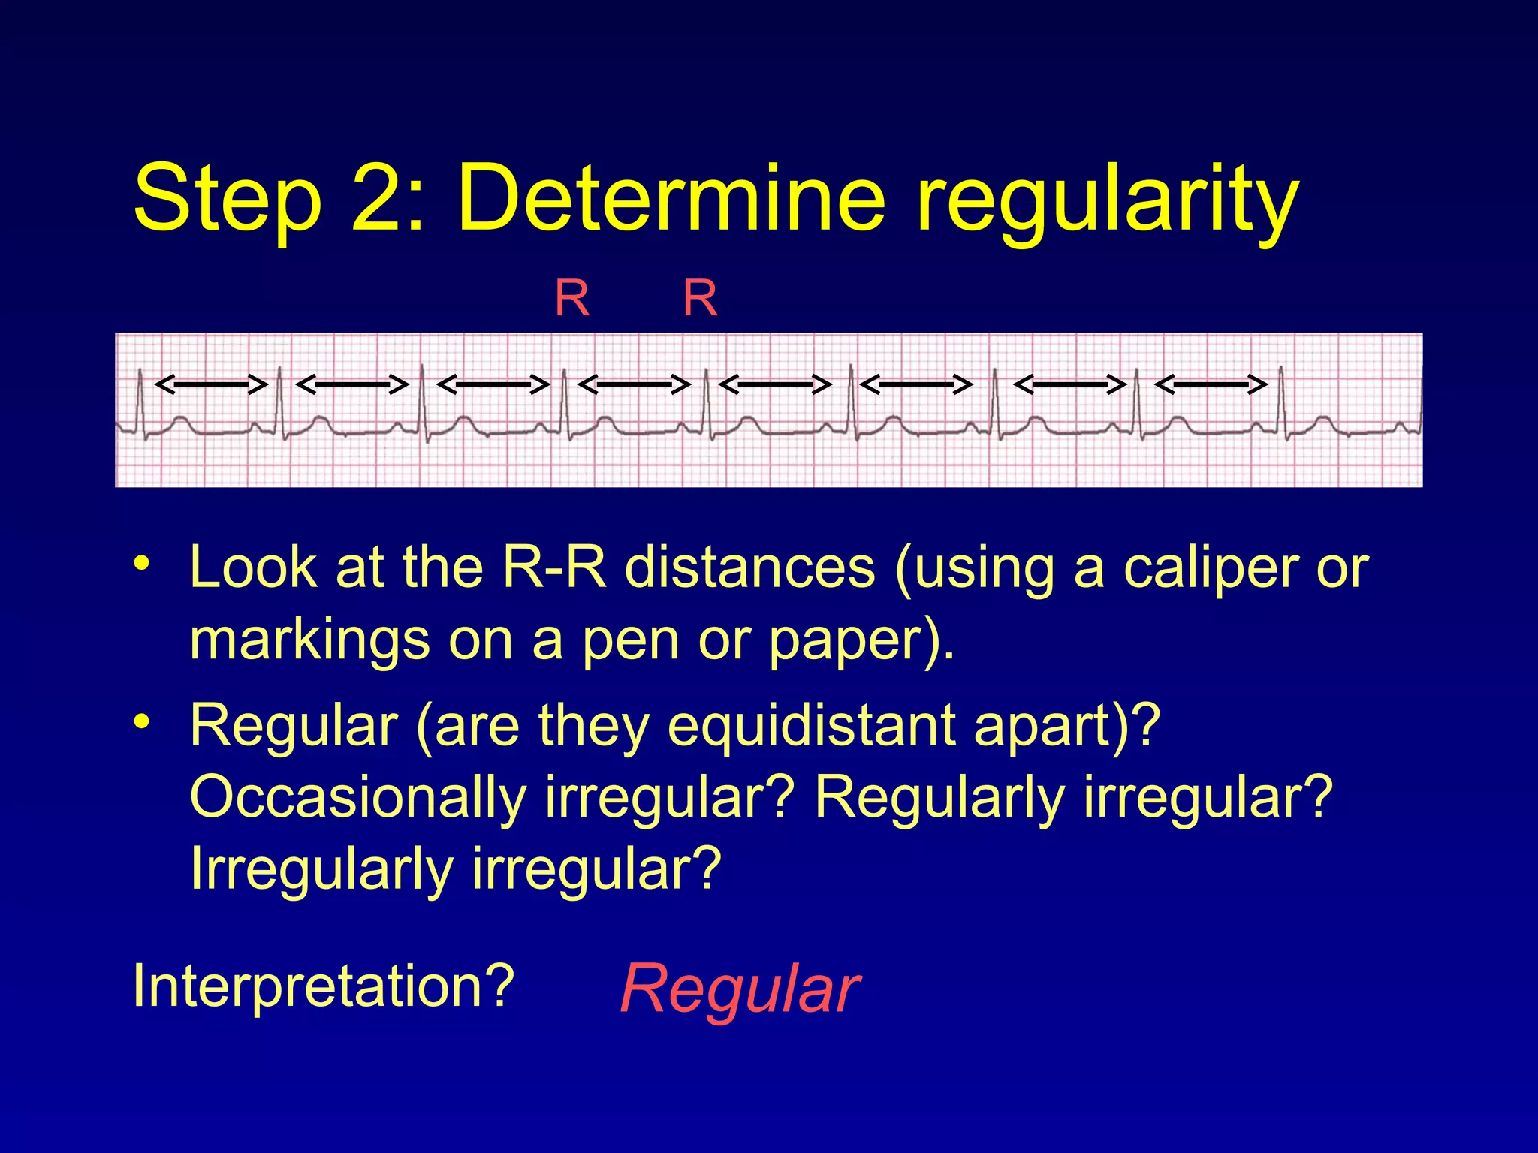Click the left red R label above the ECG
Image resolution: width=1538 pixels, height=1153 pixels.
point(572,299)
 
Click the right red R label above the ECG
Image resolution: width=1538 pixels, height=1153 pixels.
point(701,299)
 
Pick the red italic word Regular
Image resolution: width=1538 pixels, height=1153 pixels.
point(740,989)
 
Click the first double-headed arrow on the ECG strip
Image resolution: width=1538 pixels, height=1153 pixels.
point(211,385)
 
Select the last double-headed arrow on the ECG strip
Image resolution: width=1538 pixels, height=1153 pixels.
point(1211,385)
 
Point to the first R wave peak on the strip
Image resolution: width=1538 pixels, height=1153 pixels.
point(140,371)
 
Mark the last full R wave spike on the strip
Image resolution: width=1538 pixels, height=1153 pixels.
point(1281,369)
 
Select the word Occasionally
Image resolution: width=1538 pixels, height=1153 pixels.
point(357,797)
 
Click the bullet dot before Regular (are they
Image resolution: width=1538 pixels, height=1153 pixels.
point(141,721)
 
